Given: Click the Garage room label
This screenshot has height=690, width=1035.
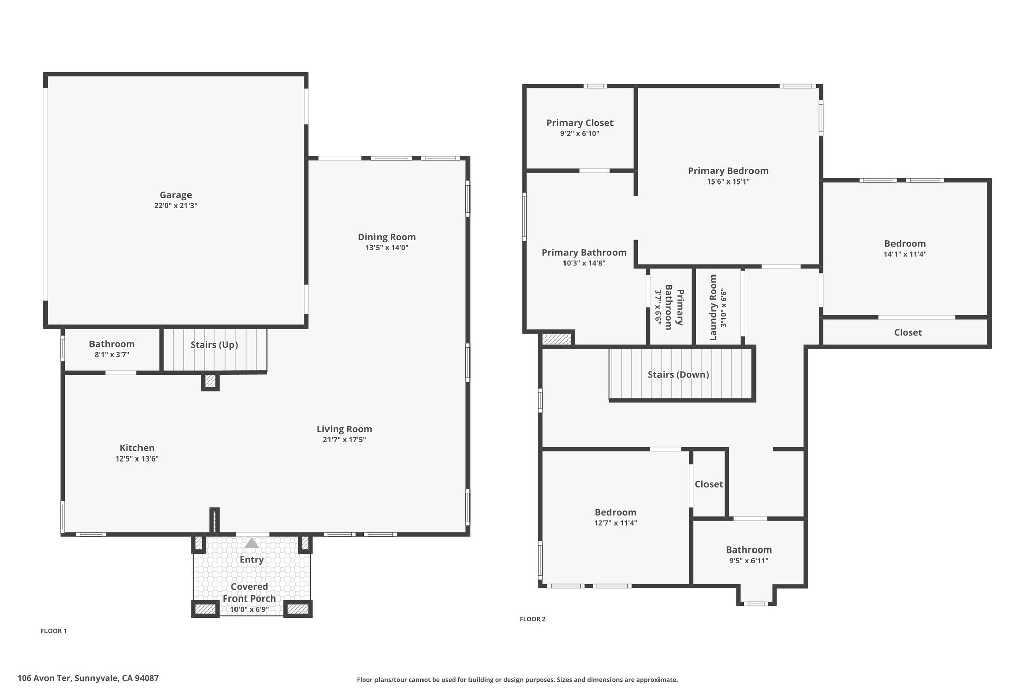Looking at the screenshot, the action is [176, 195].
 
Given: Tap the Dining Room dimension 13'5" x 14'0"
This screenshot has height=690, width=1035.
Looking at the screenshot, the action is [387, 248].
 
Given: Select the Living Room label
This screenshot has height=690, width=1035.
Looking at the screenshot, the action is [345, 429].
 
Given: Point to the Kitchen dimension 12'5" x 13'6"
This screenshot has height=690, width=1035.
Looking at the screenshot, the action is [137, 459].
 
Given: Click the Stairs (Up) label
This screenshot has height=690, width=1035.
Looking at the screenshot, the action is [214, 345].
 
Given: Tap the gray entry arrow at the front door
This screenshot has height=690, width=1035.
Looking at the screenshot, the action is [252, 543].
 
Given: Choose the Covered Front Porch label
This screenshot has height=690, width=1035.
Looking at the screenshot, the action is [250, 592].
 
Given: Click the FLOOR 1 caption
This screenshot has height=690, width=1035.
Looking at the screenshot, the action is [54, 631].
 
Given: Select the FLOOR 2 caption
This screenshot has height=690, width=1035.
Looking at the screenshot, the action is [533, 619].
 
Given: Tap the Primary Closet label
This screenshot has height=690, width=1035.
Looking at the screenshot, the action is [580, 123].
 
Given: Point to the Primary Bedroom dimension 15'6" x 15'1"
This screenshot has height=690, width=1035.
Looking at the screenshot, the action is [728, 182].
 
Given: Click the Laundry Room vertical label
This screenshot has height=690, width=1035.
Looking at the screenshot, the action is [713, 307].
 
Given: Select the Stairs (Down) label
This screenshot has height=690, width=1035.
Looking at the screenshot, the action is [678, 375].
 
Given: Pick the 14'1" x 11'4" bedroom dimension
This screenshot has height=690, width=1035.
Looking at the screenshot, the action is [905, 254].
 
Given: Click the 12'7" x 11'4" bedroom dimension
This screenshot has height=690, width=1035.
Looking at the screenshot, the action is [616, 523].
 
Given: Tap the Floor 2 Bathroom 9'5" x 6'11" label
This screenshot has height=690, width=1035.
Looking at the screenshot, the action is [749, 555].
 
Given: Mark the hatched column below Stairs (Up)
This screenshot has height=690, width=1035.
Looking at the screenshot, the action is [210, 381].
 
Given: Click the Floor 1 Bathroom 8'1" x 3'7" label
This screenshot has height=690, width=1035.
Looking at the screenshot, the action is [112, 349].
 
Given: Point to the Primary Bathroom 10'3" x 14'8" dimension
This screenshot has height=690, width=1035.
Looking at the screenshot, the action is [584, 263].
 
